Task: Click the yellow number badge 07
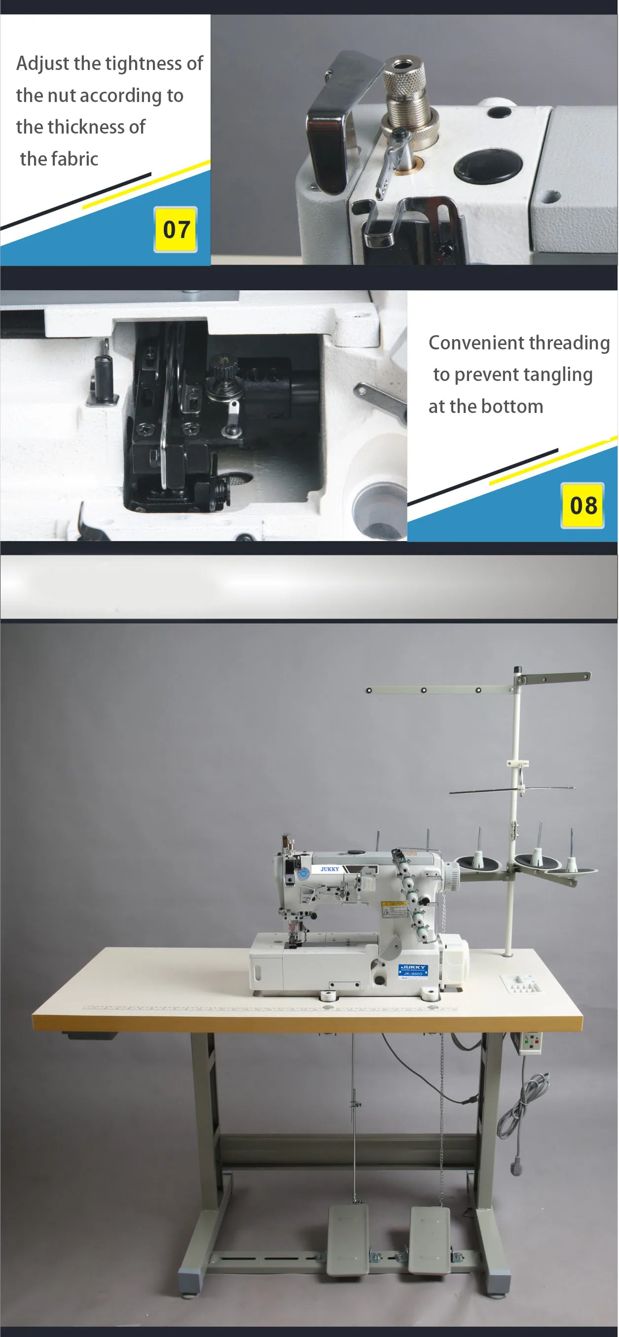click(x=176, y=230)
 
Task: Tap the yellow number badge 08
click(x=583, y=506)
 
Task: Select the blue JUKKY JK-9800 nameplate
click(x=413, y=970)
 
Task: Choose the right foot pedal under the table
click(x=429, y=1238)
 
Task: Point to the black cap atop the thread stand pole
click(x=517, y=670)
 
